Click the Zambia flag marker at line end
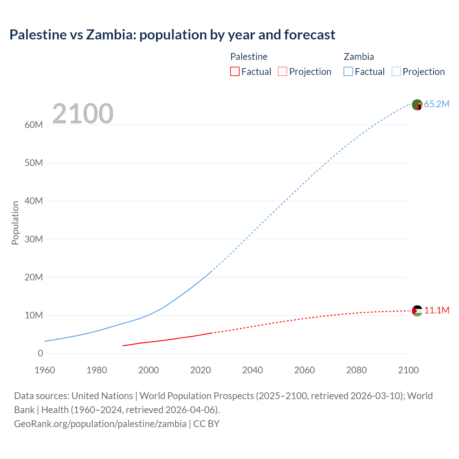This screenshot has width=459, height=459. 417,105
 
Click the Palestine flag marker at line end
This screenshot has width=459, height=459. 417,311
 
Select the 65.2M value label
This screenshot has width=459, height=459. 436,104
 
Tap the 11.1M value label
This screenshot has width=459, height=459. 437,311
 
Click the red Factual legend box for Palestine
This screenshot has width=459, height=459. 235,72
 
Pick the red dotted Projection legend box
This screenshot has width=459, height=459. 283,72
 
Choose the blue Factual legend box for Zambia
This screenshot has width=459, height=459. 348,72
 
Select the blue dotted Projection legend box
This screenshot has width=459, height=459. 396,72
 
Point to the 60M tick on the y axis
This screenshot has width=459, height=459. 34,125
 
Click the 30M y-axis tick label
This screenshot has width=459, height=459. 34,239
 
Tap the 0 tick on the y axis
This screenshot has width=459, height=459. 40,354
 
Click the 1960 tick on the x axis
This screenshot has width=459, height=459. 45,370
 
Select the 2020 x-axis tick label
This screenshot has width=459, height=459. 200,370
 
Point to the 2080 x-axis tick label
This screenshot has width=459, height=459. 356,370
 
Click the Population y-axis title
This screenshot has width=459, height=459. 15,223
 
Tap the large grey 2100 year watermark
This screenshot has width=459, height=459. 83,114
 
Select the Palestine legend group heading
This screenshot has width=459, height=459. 249,57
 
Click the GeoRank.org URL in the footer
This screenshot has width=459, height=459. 100,424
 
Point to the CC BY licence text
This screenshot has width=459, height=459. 206,424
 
